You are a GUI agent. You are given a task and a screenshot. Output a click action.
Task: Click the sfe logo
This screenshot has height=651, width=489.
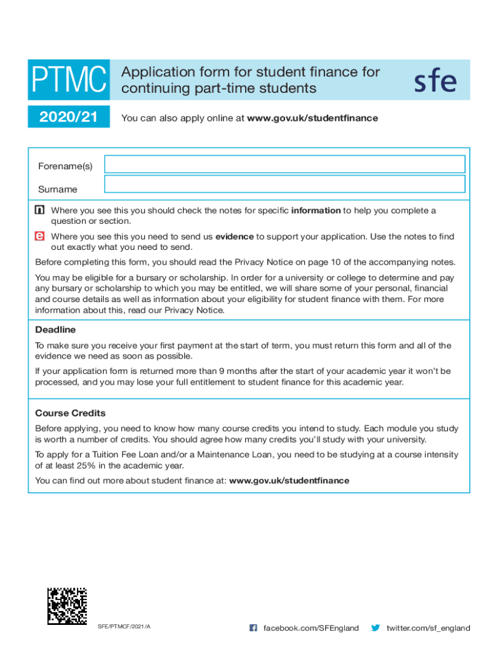coord(435,81)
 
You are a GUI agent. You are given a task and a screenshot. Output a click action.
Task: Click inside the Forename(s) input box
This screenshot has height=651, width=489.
coord(285,164)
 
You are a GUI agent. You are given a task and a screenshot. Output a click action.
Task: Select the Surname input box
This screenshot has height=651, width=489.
coord(285,184)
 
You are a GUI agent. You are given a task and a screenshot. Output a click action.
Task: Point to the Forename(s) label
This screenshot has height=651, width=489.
coord(65,167)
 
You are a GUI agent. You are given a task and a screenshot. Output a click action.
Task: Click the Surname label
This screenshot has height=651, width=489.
coord(58,189)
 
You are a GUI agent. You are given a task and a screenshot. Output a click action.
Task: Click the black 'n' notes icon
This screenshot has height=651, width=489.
coord(40,210)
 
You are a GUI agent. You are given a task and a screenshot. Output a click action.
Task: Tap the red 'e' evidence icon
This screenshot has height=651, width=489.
coord(40,236)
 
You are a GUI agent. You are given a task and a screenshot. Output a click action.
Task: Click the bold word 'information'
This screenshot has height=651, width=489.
coord(316,210)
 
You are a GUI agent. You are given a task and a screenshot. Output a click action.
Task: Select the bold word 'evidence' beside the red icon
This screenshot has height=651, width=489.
coord(234,236)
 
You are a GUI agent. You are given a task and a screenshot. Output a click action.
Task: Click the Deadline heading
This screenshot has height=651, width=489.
coord(55,330)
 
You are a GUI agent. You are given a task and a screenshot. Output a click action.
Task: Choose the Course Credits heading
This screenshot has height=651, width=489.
coord(70,413)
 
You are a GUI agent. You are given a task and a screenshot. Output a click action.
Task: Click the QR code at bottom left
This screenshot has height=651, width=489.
coord(67,606)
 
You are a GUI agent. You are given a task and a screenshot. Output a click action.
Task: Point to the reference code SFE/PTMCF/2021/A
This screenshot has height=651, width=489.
coord(124,627)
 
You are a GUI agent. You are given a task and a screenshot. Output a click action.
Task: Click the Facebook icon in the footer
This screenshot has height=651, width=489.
coord(253,628)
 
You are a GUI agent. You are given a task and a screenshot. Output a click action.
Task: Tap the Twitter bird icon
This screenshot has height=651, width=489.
coord(375,628)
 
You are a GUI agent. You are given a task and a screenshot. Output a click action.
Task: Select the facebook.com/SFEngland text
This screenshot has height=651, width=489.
coord(311,628)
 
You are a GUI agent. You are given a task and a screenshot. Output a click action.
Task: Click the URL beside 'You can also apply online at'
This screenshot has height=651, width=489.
coord(312,118)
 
